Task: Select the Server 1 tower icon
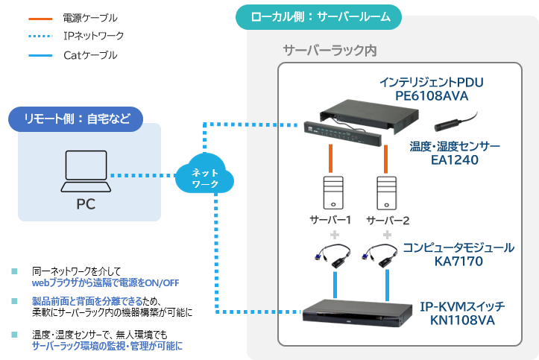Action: click(330, 193)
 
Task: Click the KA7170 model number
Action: click(456, 262)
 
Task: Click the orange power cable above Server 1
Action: click(330, 158)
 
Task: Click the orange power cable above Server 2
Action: click(386, 158)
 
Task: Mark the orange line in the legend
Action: click(40, 16)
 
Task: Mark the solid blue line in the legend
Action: click(40, 55)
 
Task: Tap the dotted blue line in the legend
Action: click(40, 36)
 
